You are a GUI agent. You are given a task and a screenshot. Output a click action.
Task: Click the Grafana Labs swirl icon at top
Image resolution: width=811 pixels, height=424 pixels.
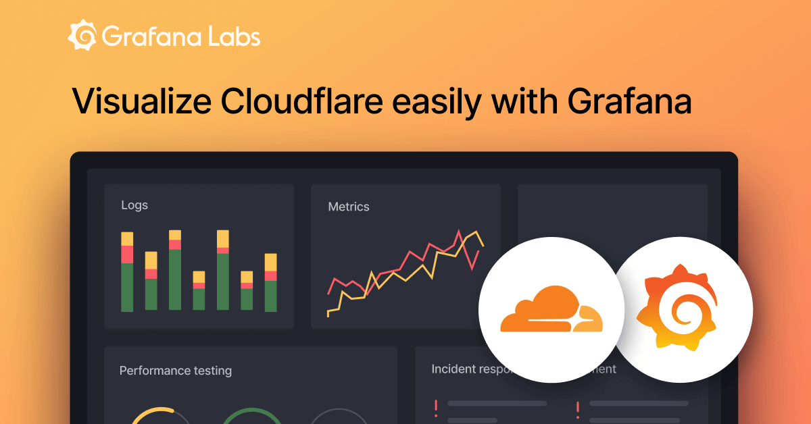tap(82, 36)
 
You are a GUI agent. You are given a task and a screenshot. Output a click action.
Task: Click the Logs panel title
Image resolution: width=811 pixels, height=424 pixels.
tap(134, 205)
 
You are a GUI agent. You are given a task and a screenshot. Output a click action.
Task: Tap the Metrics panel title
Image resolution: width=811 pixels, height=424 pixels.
tap(349, 207)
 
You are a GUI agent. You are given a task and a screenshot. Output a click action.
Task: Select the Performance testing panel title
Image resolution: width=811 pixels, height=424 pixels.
tap(176, 370)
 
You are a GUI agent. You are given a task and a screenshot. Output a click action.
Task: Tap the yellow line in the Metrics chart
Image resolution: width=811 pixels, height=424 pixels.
tap(405, 273)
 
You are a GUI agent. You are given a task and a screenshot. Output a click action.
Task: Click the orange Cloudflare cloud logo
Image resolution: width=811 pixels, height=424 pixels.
tap(551, 310)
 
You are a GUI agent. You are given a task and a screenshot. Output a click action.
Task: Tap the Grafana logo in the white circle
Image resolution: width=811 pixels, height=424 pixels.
tap(683, 310)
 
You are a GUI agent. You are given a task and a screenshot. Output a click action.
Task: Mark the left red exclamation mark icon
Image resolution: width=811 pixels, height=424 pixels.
tap(436, 408)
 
